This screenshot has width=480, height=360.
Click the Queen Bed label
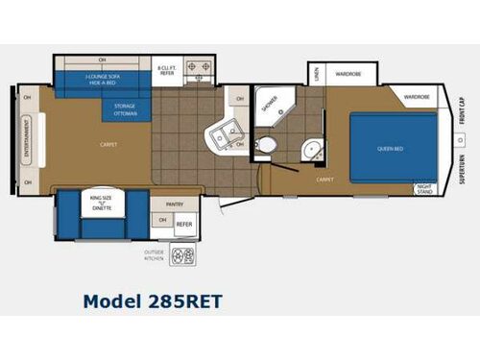pyautogui.click(x=390, y=149)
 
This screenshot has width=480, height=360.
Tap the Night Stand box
pyautogui.click(x=425, y=189)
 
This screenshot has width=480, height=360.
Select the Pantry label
pyautogui.click(x=174, y=204)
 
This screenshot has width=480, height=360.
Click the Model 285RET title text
pyautogui.click(x=153, y=300)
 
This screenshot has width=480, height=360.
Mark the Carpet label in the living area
pyautogui.click(x=108, y=145)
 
